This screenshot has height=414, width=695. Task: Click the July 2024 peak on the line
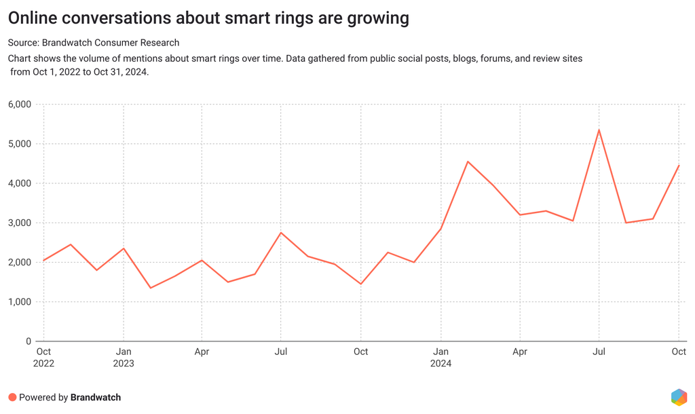pyautogui.click(x=599, y=130)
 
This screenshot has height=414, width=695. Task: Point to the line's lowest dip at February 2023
pyautogui.click(x=149, y=288)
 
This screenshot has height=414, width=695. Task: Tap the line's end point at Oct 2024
pyautogui.click(x=679, y=166)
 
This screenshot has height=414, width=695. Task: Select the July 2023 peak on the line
pyautogui.click(x=281, y=233)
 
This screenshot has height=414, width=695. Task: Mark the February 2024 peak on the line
pyautogui.click(x=467, y=162)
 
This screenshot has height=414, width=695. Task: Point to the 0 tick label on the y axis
pyautogui.click(x=28, y=341)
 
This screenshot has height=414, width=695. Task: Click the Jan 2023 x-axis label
pyautogui.click(x=123, y=357)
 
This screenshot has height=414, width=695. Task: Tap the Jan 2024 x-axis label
pyautogui.click(x=440, y=357)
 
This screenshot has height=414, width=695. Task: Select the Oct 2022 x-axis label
pyautogui.click(x=43, y=357)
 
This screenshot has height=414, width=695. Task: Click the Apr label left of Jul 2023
pyautogui.click(x=202, y=352)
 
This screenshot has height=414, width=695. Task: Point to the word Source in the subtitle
pyautogui.click(x=23, y=43)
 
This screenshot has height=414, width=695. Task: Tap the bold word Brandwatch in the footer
pyautogui.click(x=96, y=397)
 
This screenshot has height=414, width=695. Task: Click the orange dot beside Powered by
pyautogui.click(x=12, y=397)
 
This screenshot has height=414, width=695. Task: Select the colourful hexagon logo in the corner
pyautogui.click(x=678, y=397)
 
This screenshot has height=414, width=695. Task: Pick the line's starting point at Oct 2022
pyautogui.click(x=43, y=261)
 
